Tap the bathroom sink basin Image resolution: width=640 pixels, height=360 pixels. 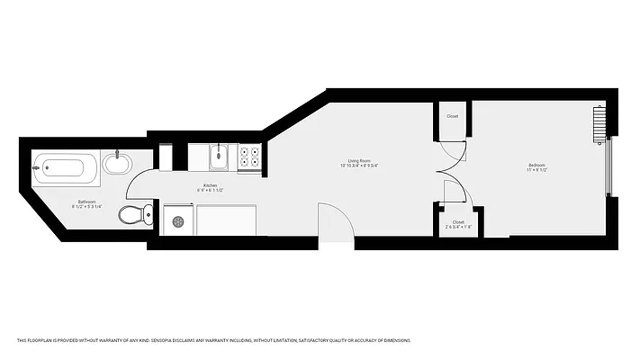pos(116,164)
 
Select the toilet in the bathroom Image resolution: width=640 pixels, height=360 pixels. pos(132,214)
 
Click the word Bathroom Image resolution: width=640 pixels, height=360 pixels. pos(87,202)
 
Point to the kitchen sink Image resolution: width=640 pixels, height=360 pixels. pos(220,158)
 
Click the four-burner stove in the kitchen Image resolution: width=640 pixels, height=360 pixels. pos(249,158)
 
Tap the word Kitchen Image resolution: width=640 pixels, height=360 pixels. pos(210,185)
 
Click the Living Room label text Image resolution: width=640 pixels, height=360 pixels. pos(358,160)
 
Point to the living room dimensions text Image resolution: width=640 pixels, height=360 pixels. pos(358,166)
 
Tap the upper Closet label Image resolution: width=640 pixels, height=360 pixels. pos(452,116)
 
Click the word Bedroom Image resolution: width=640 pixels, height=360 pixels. pos(536,165)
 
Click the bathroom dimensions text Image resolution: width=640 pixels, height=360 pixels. pos(87,207)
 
